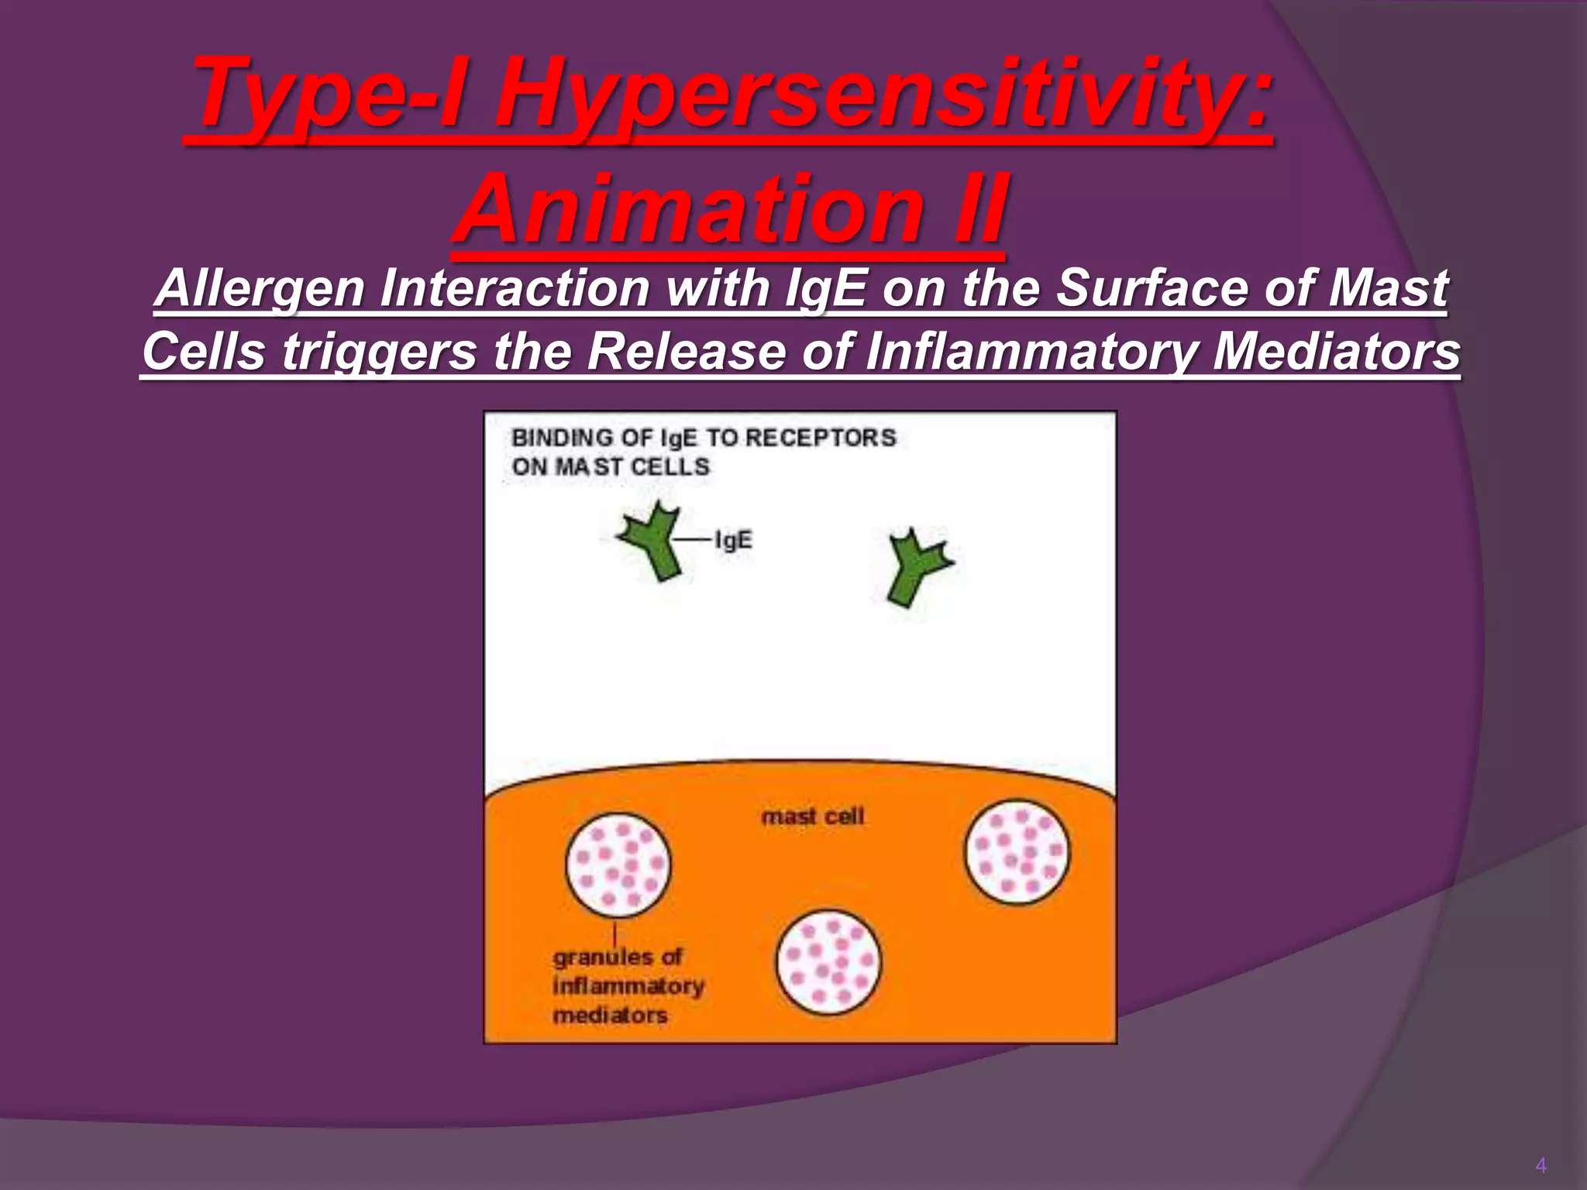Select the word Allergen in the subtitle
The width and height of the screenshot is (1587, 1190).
click(x=260, y=289)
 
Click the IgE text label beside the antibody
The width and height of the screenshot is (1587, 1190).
click(x=732, y=540)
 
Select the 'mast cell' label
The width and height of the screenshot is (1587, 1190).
click(x=812, y=817)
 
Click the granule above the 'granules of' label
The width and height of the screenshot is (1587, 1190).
click(x=618, y=865)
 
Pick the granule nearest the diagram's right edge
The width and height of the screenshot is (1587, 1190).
click(x=1016, y=852)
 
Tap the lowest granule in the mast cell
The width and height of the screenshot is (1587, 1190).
click(x=828, y=962)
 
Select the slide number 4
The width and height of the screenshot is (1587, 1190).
click(x=1541, y=1165)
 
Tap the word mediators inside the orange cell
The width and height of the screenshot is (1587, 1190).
click(x=610, y=1015)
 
